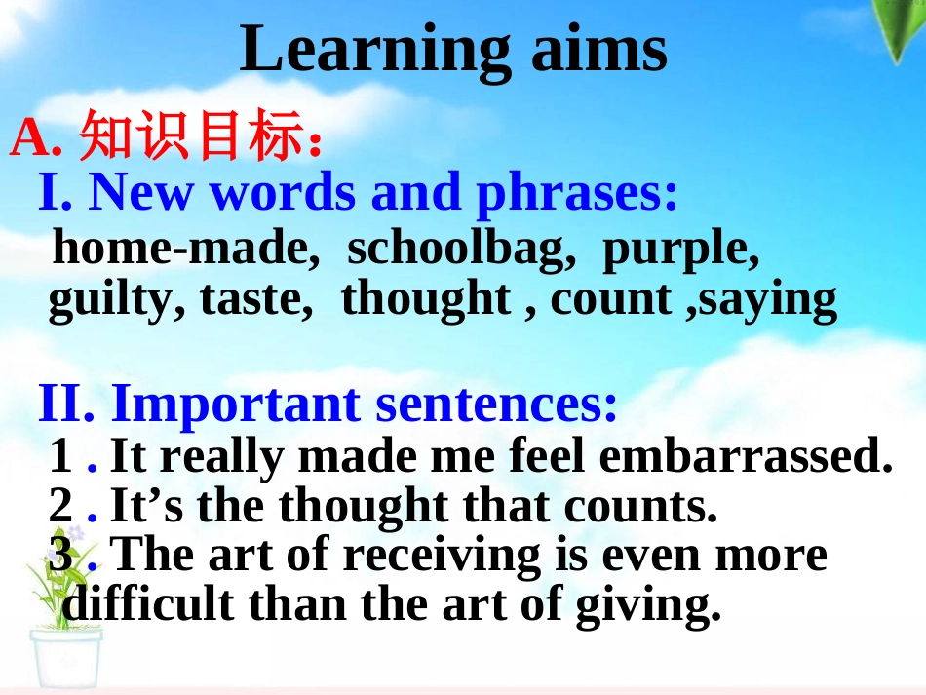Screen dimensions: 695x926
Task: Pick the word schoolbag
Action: coord(458,250)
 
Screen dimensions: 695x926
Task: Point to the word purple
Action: coord(680,250)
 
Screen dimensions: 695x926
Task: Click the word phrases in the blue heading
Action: coord(576,193)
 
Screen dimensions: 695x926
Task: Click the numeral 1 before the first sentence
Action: coord(61,456)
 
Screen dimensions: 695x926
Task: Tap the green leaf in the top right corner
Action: coord(901,29)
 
